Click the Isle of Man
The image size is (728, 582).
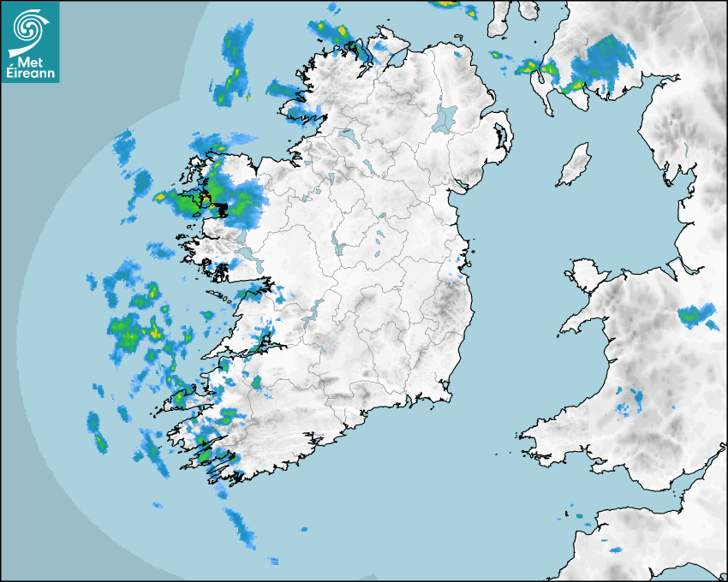575,164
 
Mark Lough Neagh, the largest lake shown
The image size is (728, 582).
445,117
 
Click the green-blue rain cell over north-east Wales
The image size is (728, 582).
695,316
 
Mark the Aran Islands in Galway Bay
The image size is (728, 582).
224,299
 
